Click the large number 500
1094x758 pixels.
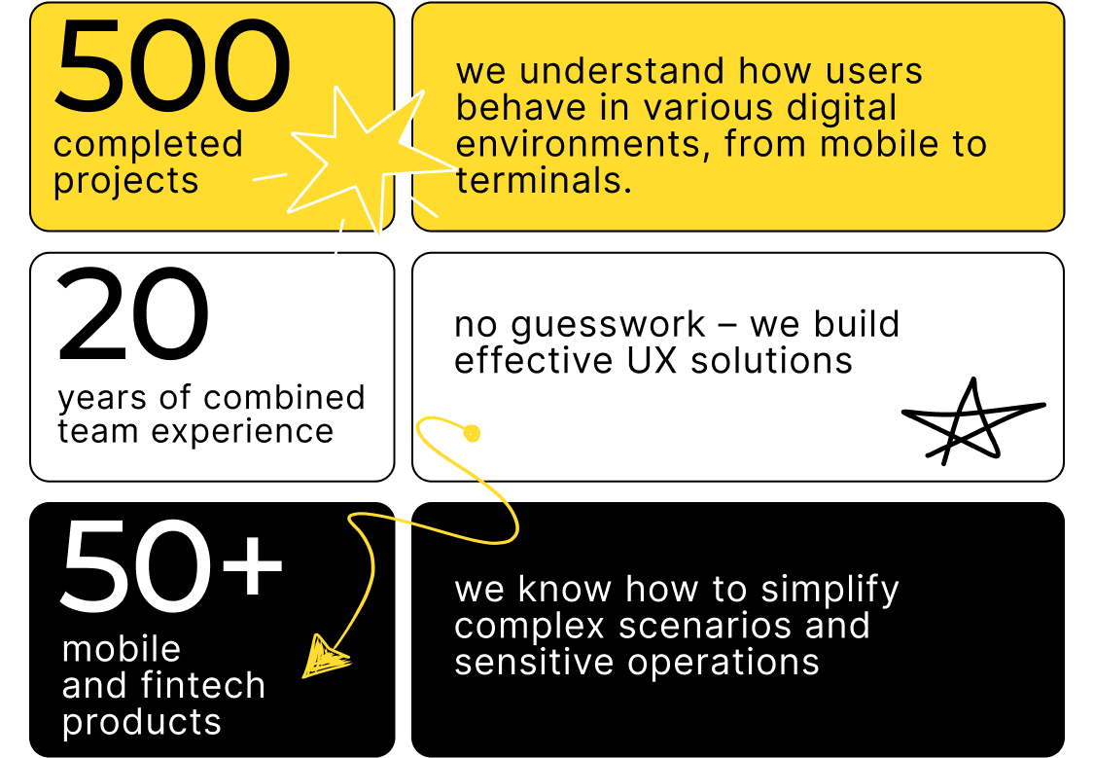pyautogui.click(x=172, y=65)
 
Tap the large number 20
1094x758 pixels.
pyautogui.click(x=132, y=314)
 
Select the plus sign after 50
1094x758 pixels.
pyautogui.click(x=252, y=564)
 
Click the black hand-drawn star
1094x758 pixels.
pyautogui.click(x=973, y=423)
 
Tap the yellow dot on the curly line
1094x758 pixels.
pyautogui.click(x=473, y=433)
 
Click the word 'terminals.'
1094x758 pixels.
pyautogui.click(x=544, y=180)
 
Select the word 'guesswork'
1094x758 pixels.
pyautogui.click(x=608, y=326)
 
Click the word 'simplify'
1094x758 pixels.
pyautogui.click(x=829, y=591)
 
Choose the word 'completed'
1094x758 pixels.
pyautogui.click(x=148, y=144)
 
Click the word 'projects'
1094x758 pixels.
pyautogui.click(x=126, y=182)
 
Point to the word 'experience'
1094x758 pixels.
pyautogui.click(x=242, y=432)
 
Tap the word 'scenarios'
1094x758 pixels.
pyautogui.click(x=706, y=626)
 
